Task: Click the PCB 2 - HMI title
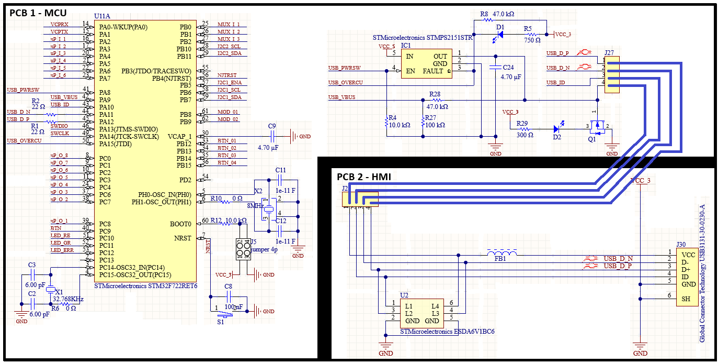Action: pyautogui.click(x=363, y=177)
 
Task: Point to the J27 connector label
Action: pyautogui.click(x=609, y=52)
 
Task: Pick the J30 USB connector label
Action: pyautogui.click(x=680, y=244)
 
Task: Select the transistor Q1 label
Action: pyautogui.click(x=592, y=140)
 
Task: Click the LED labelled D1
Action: pyautogui.click(x=500, y=35)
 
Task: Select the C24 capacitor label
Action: pyautogui.click(x=508, y=68)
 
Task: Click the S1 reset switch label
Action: pyautogui.click(x=220, y=322)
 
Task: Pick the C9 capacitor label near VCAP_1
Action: pyautogui.click(x=271, y=126)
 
